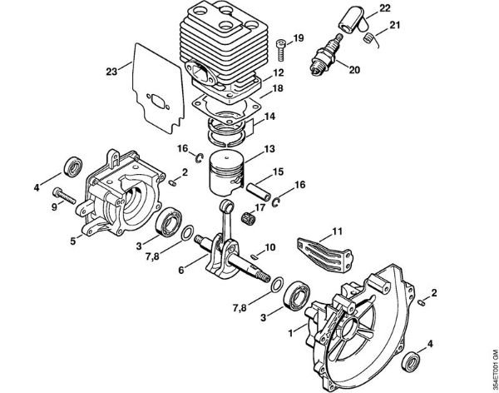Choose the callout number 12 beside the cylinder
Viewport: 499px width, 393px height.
(279, 73)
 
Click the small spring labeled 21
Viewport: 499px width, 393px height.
(375, 36)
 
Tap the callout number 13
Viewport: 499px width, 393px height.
(269, 149)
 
